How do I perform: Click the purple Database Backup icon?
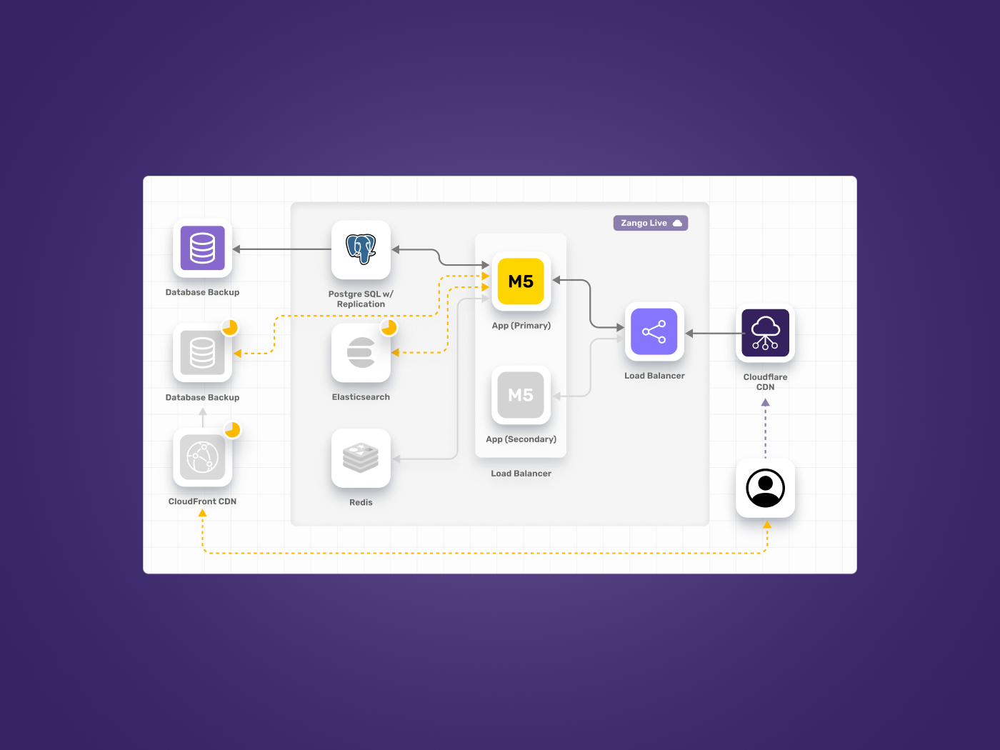coord(202,248)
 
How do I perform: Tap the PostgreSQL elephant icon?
coord(361,249)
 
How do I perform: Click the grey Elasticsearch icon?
coord(361,353)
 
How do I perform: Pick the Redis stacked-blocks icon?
coord(361,458)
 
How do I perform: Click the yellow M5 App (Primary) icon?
coord(521,281)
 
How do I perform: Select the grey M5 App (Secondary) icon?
coord(521,395)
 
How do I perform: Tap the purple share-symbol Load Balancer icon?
coord(654,331)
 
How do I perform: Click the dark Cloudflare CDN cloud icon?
coord(765,333)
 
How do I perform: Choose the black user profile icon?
coord(765,488)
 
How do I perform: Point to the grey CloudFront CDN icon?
coord(202,457)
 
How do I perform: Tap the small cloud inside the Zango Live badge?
coord(677,223)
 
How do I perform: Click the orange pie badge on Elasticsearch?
coord(389,327)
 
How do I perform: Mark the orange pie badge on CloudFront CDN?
coord(232,430)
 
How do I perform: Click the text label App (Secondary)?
coord(521,439)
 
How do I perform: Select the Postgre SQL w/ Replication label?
coord(361,299)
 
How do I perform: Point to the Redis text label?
coord(361,503)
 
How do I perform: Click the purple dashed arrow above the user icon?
coord(765,429)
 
